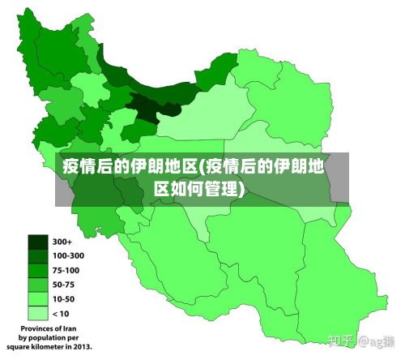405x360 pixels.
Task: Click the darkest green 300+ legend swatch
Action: click(38, 242)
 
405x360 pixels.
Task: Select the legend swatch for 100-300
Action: click(38, 256)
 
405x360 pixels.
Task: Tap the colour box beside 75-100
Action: click(38, 270)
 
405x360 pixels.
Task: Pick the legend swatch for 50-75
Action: click(38, 285)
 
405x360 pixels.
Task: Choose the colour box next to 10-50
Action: click(38, 298)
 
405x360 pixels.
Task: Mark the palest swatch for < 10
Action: click(38, 312)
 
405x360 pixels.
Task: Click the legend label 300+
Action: click(62, 242)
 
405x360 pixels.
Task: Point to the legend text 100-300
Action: click(68, 256)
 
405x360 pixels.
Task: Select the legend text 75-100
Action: click(66, 270)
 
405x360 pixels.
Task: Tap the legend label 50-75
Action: click(63, 285)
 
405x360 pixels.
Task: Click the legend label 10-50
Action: click(63, 298)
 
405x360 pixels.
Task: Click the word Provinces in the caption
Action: click(32, 329)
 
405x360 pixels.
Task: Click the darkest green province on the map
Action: click(143, 107)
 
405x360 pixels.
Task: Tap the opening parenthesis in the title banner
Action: click(202, 168)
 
